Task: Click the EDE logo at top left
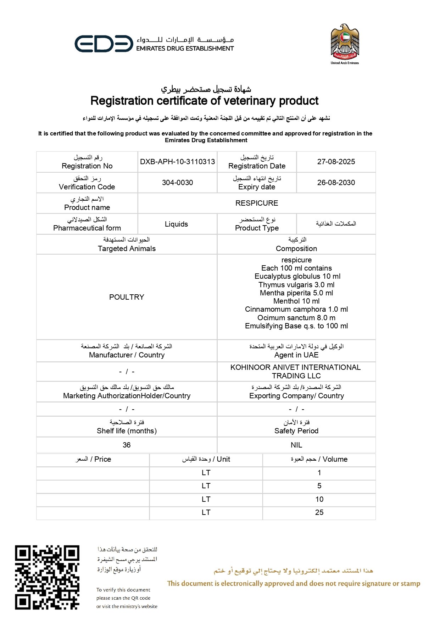(104, 44)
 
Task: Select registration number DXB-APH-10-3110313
(177, 162)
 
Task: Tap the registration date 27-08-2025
(336, 162)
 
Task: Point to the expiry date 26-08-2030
(336, 183)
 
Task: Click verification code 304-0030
(177, 183)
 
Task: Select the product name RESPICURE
(257, 203)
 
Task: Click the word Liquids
(176, 224)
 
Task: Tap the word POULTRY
(127, 297)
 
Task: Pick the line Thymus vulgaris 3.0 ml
(296, 285)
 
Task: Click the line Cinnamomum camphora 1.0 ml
(296, 309)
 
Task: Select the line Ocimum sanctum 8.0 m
(296, 318)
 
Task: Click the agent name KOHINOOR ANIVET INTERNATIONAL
(295, 367)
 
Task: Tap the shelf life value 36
(127, 445)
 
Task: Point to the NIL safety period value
(296, 445)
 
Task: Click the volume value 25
(319, 512)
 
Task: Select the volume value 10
(319, 499)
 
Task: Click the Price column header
(93, 459)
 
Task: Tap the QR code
(47, 577)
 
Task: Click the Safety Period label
(296, 431)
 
